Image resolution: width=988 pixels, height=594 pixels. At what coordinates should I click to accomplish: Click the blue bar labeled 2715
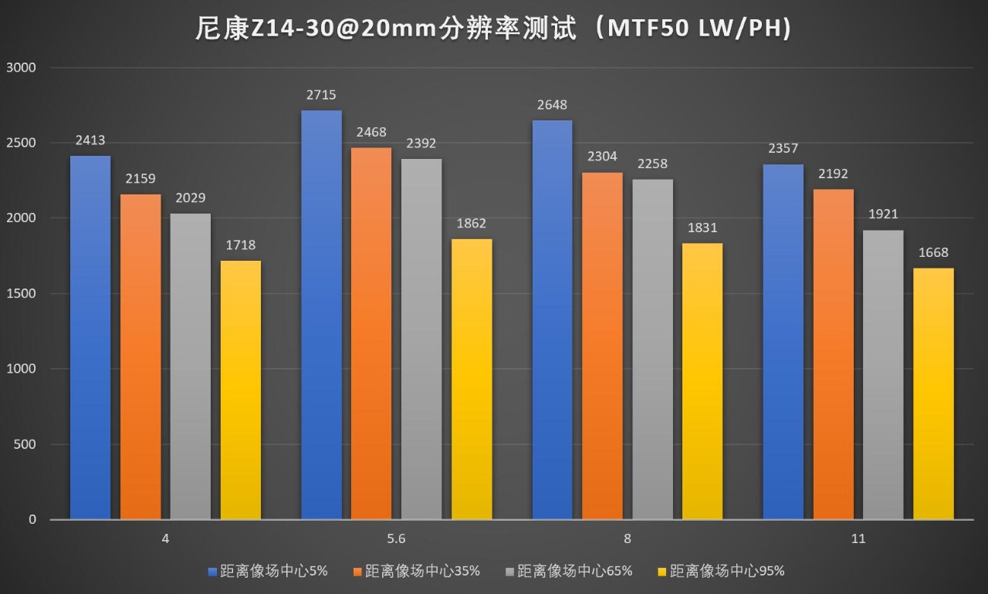(x=321, y=315)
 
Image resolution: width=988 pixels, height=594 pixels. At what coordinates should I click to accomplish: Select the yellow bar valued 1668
(x=934, y=393)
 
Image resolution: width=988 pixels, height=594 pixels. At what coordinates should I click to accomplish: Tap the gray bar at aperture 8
(x=653, y=349)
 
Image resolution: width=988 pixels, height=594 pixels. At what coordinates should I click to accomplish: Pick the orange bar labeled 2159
(x=140, y=356)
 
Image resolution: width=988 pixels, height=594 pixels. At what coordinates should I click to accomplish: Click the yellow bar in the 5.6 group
(x=472, y=379)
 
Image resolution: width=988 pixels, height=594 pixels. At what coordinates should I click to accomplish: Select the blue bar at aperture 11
(x=783, y=342)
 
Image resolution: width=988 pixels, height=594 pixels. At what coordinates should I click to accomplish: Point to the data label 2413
(x=90, y=141)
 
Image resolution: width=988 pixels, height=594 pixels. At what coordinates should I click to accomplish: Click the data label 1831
(x=702, y=228)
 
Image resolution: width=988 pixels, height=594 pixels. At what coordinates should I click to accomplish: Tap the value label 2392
(x=421, y=143)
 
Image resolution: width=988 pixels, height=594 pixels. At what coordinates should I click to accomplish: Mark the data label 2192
(x=834, y=174)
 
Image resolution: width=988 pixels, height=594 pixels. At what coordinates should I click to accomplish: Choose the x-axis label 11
(x=858, y=539)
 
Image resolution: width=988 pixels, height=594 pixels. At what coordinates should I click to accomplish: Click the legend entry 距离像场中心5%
(x=269, y=572)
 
